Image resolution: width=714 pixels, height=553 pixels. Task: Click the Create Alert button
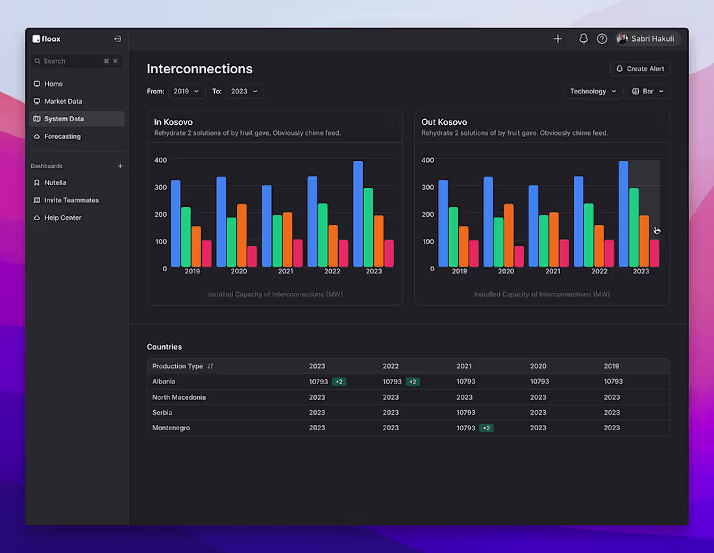640,69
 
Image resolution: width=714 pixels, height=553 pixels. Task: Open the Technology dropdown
593,92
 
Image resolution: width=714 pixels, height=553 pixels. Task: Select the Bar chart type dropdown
648,92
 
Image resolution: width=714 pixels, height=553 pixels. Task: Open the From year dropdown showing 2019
186,92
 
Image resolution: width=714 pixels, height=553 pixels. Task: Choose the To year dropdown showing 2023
245,92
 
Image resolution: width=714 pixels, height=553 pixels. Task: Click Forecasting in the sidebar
62,136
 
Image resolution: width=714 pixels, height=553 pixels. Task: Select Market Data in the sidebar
63,101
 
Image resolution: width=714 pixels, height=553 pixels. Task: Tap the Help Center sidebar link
63,217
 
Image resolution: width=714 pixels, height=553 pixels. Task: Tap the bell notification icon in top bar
584,39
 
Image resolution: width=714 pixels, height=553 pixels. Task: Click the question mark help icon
602,39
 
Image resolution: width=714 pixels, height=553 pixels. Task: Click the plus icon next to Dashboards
120,166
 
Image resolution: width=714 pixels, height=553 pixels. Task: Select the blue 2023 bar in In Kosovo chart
358,214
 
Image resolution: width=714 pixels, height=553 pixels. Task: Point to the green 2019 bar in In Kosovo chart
186,237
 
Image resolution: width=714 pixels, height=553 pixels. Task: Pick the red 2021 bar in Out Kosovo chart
564,252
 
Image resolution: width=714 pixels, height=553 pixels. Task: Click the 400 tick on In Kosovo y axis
160,160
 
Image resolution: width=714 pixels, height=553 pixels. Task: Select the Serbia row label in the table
162,413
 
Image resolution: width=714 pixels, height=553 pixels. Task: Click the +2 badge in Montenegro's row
486,428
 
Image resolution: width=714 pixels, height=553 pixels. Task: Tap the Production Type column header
178,366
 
